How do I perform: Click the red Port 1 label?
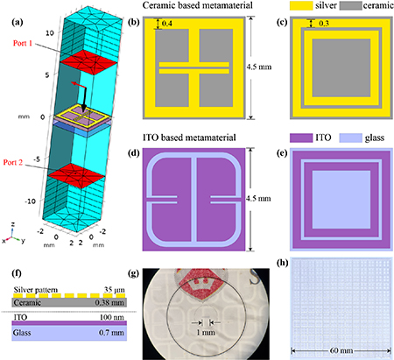coord(23,43)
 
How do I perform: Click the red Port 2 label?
coord(13,162)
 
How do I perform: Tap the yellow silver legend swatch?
coord(301,5)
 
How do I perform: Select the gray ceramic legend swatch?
coord(350,5)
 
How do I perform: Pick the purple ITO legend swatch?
coord(301,138)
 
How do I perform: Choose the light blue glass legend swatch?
coord(350,138)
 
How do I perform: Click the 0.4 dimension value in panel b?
coord(167,24)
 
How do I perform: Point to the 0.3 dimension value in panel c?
coord(324,24)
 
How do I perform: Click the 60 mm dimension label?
coord(341,350)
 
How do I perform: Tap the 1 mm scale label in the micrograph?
coord(206,332)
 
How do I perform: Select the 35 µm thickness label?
coord(115,290)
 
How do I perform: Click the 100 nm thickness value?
coord(112,317)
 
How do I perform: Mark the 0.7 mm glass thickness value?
coord(111,333)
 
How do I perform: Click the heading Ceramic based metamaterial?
coord(198,5)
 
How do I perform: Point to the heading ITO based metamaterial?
coord(189,138)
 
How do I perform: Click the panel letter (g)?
coord(134,273)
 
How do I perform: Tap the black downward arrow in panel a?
coord(84,100)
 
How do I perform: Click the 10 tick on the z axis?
coord(50,32)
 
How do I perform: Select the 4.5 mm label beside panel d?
coord(258,199)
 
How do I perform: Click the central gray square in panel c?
coord(341,67)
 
